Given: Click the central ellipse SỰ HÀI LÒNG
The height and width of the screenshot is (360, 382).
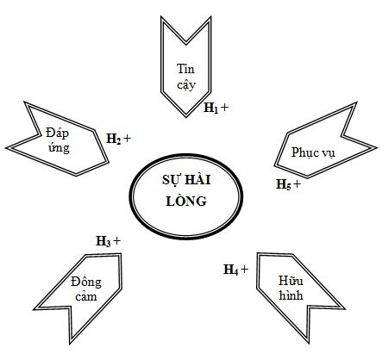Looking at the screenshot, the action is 186,196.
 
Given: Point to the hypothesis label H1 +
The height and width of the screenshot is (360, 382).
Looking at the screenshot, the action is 216,108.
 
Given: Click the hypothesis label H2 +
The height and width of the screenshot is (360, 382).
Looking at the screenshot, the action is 119,139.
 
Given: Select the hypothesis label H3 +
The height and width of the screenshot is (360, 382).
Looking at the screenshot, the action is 108,241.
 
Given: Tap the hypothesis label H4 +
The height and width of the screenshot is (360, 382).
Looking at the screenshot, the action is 235,270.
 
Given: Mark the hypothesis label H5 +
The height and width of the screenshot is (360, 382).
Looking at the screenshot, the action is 288,184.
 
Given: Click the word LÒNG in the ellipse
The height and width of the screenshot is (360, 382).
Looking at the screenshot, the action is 186,202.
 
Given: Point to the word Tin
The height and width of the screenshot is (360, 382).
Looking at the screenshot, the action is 185,69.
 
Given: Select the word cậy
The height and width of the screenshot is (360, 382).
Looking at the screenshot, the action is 186,85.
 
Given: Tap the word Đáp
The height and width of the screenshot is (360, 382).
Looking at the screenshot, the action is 57,133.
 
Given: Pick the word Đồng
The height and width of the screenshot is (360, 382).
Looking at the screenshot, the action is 86,282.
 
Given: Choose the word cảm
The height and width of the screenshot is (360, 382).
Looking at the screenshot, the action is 86,296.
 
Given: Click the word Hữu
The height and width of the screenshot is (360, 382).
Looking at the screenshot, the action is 291,281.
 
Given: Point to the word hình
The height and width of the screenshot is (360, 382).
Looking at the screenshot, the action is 291,295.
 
